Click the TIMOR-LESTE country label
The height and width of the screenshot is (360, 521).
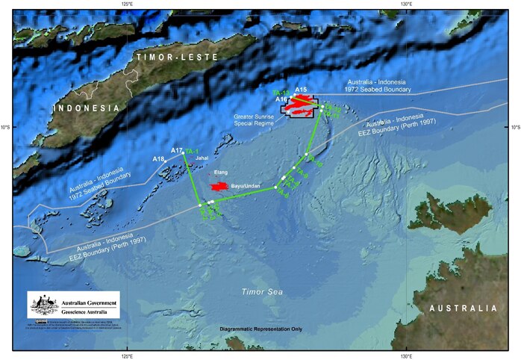tap(177, 56)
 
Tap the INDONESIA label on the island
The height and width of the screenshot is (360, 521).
tap(87, 109)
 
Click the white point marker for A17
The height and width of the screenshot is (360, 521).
tap(184, 154)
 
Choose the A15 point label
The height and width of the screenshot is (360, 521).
tap(301, 90)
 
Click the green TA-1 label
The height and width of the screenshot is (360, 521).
tap(193, 150)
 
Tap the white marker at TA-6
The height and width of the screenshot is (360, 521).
tap(276, 187)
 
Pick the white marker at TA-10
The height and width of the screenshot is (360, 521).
tap(306, 154)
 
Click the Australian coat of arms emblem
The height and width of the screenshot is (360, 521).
tap(44, 305)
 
